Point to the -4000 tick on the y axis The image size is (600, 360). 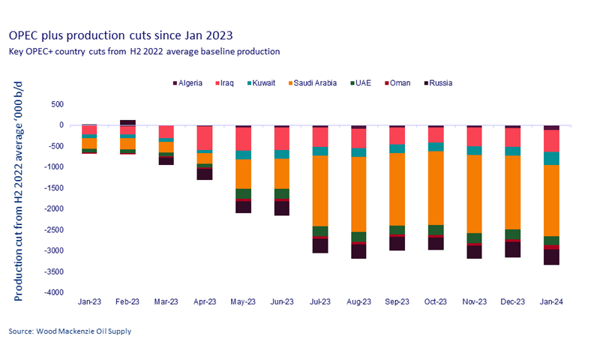(x=57, y=292)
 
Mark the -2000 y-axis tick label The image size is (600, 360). (x=57, y=209)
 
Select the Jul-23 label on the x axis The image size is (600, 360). (x=320, y=301)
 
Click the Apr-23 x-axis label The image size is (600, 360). (x=205, y=301)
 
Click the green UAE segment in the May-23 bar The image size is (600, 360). (x=243, y=193)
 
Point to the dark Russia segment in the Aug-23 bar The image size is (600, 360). (x=358, y=251)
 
